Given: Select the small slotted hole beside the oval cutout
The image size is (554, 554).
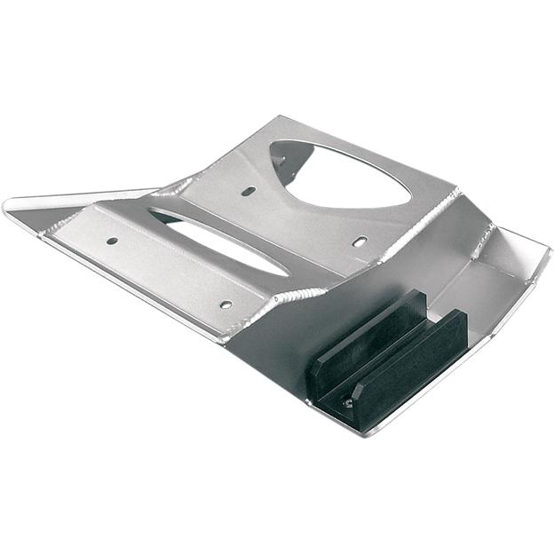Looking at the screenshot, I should pyautogui.click(x=249, y=191).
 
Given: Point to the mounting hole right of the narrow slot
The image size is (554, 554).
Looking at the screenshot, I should pyautogui.click(x=359, y=241).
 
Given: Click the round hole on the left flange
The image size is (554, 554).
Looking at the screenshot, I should pyautogui.click(x=112, y=241).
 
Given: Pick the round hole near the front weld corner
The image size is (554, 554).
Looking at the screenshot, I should pyautogui.click(x=226, y=305).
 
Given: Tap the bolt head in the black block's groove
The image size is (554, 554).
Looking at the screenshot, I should pyautogui.click(x=349, y=402).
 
